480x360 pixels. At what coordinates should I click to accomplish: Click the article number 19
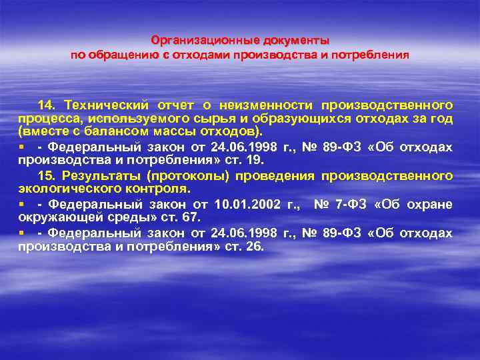point(256,160)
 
